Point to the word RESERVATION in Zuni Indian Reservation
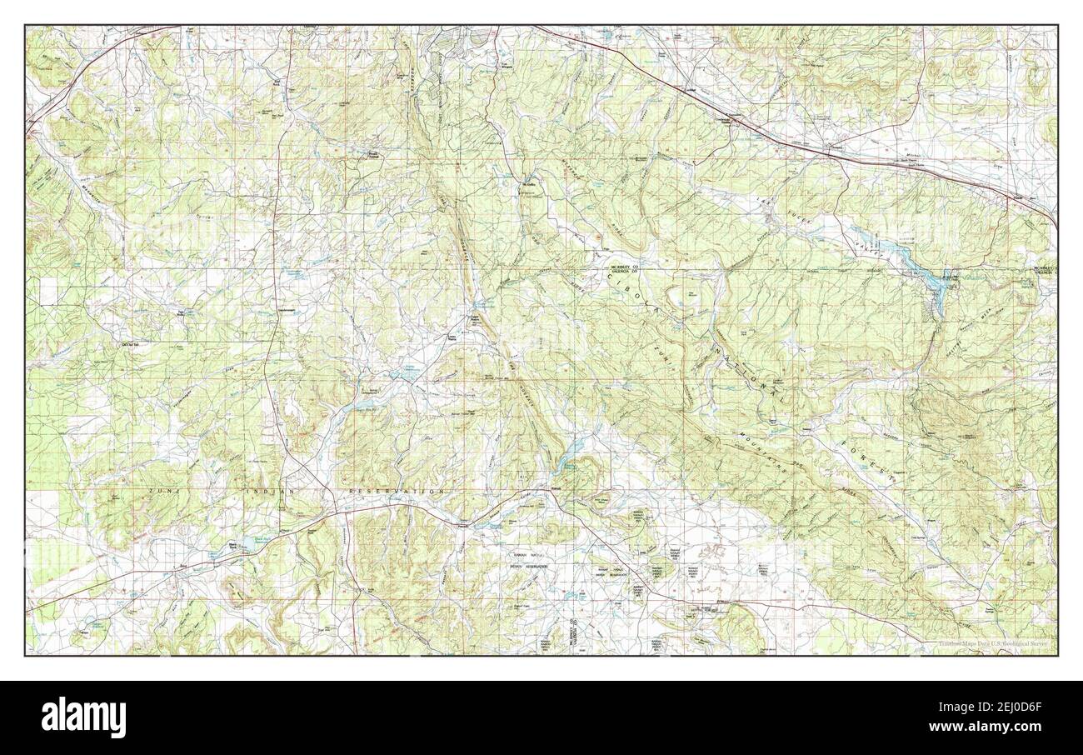click(x=397, y=492)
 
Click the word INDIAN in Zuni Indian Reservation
click(x=272, y=492)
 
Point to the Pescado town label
click(x=464, y=526)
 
